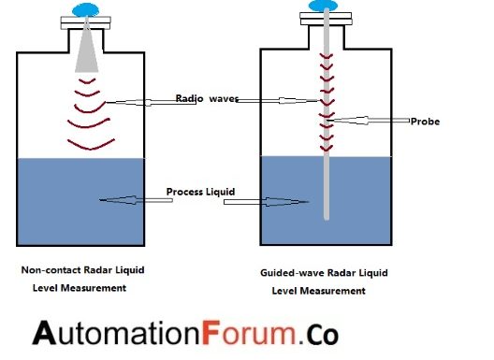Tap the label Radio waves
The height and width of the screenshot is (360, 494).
point(208,98)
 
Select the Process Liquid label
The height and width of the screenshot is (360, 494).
point(199,193)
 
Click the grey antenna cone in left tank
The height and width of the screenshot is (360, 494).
point(88,51)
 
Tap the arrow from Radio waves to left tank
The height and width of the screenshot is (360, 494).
point(140,101)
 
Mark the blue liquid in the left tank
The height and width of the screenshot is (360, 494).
point(56,215)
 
